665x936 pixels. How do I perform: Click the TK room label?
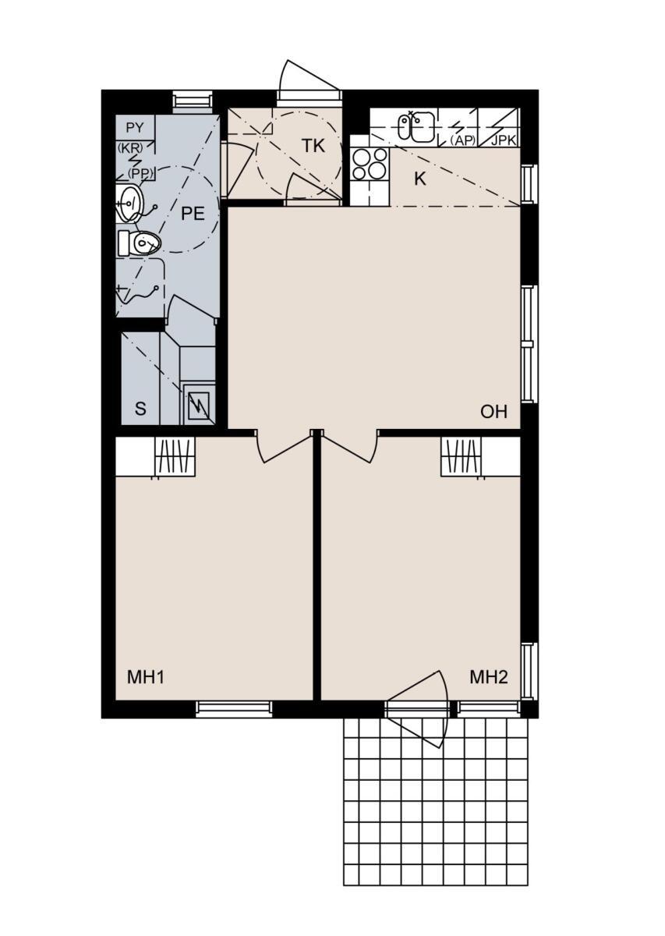pyautogui.click(x=313, y=147)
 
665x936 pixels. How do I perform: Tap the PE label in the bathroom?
pyautogui.click(x=193, y=214)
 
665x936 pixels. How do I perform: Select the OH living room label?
pyautogui.click(x=493, y=412)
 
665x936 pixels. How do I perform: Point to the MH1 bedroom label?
pyautogui.click(x=146, y=677)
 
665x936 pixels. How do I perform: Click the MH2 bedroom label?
pyautogui.click(x=489, y=677)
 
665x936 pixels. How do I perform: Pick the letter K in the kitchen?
pyautogui.click(x=419, y=179)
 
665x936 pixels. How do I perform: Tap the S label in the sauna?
pyautogui.click(x=141, y=409)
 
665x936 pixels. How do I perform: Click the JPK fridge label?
pyautogui.click(x=504, y=140)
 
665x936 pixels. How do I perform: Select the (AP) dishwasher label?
pyautogui.click(x=463, y=141)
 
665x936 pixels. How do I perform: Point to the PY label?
pyautogui.click(x=135, y=128)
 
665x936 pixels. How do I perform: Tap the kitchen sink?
pyautogui.click(x=417, y=126)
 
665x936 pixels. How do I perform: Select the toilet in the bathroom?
pyautogui.click(x=139, y=243)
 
